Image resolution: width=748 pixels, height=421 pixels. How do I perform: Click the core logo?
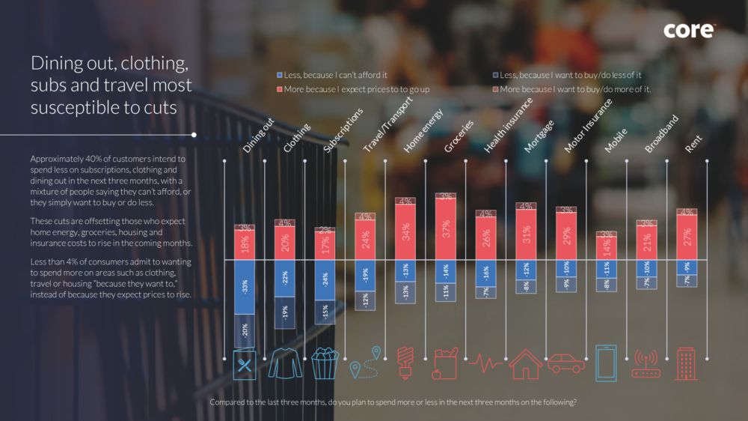pos(689,31)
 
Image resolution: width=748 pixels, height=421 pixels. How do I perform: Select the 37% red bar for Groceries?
pos(446,229)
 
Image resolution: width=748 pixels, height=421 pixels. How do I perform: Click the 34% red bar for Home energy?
pos(405,232)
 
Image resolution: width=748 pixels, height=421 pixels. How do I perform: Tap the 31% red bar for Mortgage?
pos(526,234)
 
